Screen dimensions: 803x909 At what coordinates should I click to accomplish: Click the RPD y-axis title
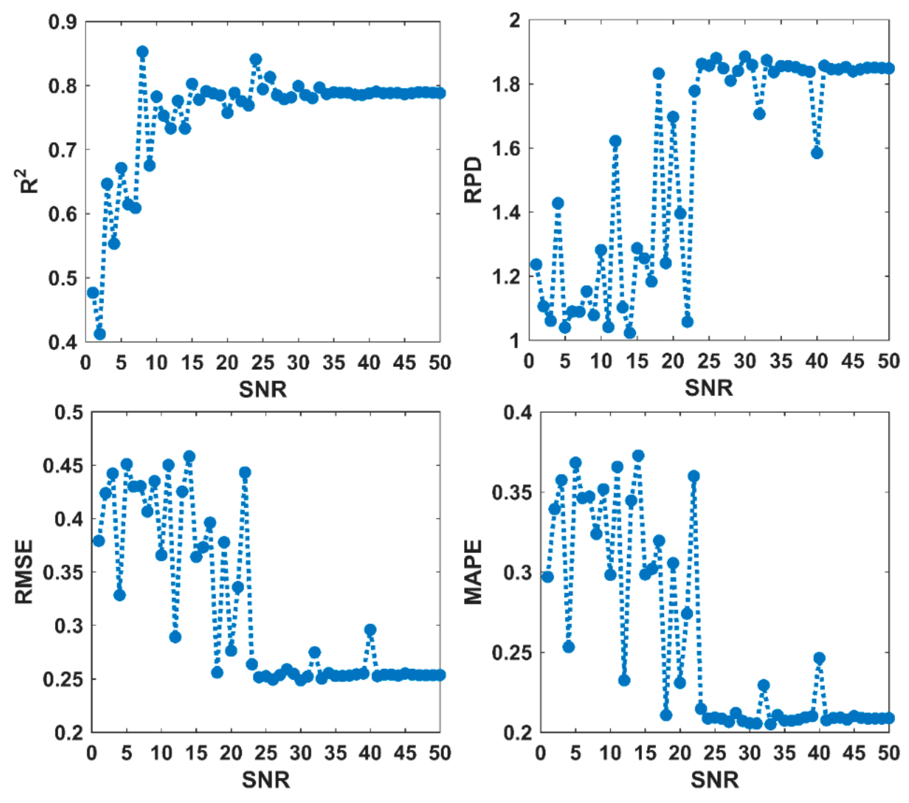pos(473,180)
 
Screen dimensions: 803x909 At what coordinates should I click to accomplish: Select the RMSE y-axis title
pos(24,572)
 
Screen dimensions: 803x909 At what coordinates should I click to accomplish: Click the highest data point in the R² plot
pos(142,52)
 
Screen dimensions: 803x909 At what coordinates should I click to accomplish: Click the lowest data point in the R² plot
pos(100,334)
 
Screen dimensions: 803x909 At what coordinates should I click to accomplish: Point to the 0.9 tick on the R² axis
pos(62,21)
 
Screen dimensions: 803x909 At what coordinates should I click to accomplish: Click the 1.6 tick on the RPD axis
pos(505,148)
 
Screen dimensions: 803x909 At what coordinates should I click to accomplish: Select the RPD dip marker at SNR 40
pos(816,153)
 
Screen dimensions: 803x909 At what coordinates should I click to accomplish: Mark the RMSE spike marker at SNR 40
pos(370,630)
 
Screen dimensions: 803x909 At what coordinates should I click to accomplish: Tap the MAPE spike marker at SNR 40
pos(819,658)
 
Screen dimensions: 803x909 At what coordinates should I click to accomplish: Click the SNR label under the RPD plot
pos(708,388)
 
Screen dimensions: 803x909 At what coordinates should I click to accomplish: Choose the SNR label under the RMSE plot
pos(265,779)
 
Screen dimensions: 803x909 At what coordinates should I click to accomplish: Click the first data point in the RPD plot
pos(536,264)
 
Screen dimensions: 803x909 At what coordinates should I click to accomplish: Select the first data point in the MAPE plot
pos(547,577)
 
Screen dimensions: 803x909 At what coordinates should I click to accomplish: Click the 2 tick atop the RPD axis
pos(515,20)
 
